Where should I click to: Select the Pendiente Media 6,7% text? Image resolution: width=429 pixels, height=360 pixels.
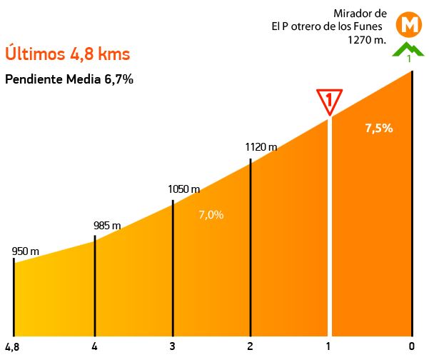(x=69, y=79)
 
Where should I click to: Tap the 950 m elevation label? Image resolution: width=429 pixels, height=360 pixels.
(x=25, y=251)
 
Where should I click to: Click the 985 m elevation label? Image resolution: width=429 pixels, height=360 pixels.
(x=107, y=226)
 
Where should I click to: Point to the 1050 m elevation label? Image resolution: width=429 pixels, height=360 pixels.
(x=183, y=189)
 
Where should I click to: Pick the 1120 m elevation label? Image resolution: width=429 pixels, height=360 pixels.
(x=261, y=147)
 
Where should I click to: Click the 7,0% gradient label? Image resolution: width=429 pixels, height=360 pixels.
(x=211, y=214)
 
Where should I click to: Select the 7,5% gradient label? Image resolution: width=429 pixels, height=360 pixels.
(x=378, y=129)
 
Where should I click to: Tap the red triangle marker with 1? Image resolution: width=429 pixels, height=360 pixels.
(x=330, y=101)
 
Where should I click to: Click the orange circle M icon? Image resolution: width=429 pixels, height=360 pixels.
(x=410, y=24)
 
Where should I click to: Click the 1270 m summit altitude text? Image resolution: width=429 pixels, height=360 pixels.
(x=367, y=40)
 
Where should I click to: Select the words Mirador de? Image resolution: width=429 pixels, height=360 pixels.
(x=360, y=13)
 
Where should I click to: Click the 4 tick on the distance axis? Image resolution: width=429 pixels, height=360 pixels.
(x=94, y=348)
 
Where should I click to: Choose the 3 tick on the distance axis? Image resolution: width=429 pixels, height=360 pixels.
(x=173, y=348)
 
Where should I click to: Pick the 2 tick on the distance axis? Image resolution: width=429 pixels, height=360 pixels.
(x=251, y=348)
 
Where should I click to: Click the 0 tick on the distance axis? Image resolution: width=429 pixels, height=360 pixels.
(x=413, y=348)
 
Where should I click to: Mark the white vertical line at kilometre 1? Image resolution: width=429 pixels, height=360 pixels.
(x=330, y=229)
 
